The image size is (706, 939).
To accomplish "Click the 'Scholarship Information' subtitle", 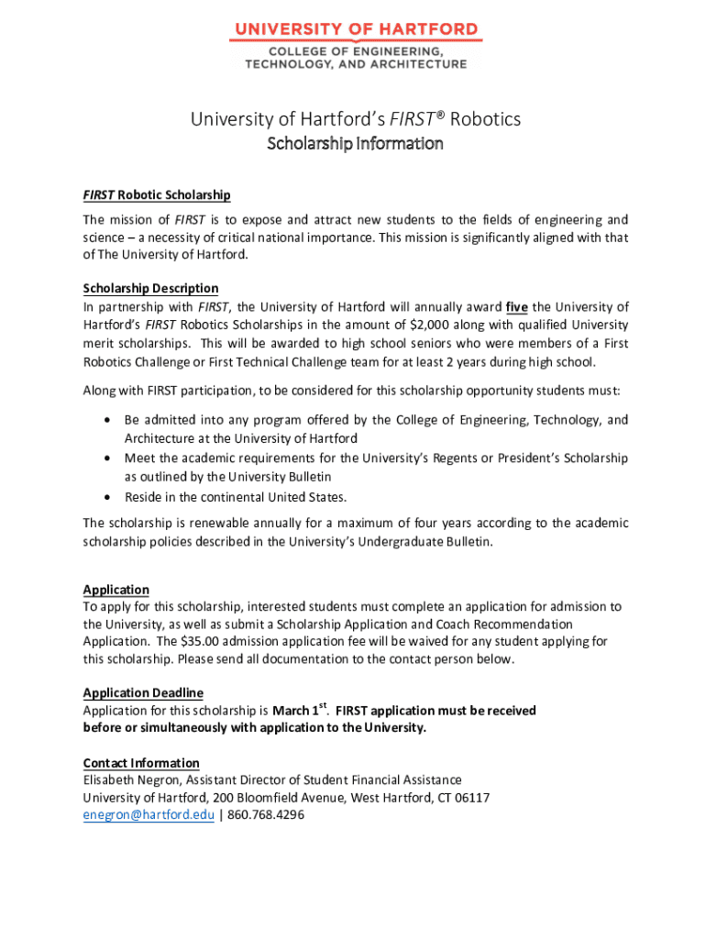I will (354, 144).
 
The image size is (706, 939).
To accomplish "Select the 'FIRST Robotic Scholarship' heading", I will (157, 194).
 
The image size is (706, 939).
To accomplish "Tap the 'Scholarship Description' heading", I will (150, 288).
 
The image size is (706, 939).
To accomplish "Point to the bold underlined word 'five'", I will (516, 306).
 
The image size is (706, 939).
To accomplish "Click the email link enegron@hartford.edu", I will (149, 814).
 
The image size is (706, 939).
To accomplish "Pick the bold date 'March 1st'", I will (300, 710).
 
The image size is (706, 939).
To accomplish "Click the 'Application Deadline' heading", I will (143, 692).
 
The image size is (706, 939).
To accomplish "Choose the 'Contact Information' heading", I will (141, 763).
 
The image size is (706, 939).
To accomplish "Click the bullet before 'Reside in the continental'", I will (107, 497).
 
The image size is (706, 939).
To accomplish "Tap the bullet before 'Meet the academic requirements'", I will (107, 458).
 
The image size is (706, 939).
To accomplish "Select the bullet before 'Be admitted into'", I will (107, 420).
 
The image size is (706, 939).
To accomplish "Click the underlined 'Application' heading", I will (116, 590).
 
